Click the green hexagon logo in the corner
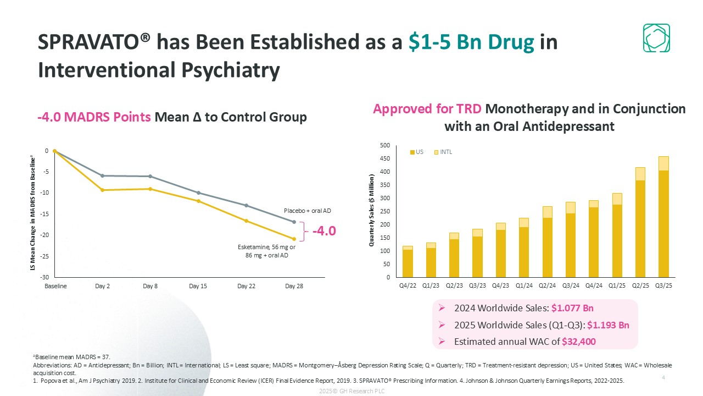point(656,38)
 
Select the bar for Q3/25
point(664,220)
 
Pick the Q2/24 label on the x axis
point(548,285)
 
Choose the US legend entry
point(416,152)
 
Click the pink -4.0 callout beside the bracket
point(324,231)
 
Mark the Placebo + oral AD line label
point(308,211)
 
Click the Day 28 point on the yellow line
point(294,239)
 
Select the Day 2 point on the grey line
point(102,175)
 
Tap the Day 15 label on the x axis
point(198,287)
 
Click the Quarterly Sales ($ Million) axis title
point(372,211)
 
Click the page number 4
point(663,378)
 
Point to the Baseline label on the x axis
point(55,287)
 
